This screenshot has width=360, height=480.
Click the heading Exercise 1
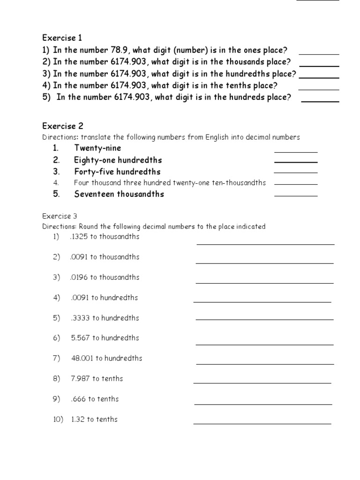pyautogui.click(x=62, y=37)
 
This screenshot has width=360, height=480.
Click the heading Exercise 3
pyautogui.click(x=60, y=216)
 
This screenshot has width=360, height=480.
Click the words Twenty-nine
pyautogui.click(x=97, y=148)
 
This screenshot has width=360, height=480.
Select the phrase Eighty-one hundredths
pyautogui.click(x=118, y=160)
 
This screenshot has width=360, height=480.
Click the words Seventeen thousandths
pyautogui.click(x=119, y=194)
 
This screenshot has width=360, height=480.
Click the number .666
pyautogui.click(x=78, y=399)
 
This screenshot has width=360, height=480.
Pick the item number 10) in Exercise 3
pyautogui.click(x=59, y=420)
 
